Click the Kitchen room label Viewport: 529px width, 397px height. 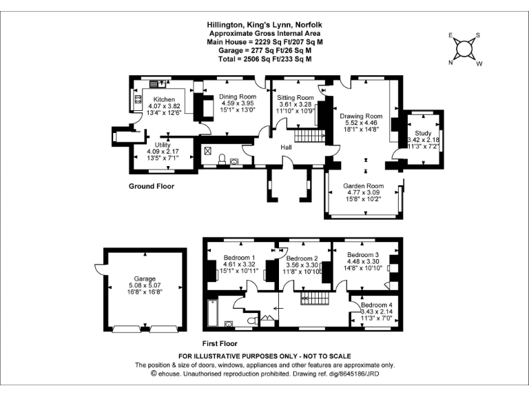tap(164, 100)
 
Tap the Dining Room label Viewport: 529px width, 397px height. tap(238, 96)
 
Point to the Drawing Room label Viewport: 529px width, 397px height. tap(361, 116)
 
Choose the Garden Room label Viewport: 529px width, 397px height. tap(364, 185)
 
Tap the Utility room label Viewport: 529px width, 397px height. tap(163, 145)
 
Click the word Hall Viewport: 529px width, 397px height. tap(287, 147)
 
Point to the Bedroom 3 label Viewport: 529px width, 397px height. tap(364, 254)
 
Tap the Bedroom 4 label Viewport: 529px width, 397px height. tap(376, 305)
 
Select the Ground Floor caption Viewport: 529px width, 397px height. tap(152, 186)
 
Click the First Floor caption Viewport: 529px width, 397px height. tap(220, 343)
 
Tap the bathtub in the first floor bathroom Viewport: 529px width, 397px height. tap(212, 315)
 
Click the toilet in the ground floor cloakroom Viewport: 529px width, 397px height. tap(222, 159)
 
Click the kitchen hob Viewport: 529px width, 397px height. tap(138, 102)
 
